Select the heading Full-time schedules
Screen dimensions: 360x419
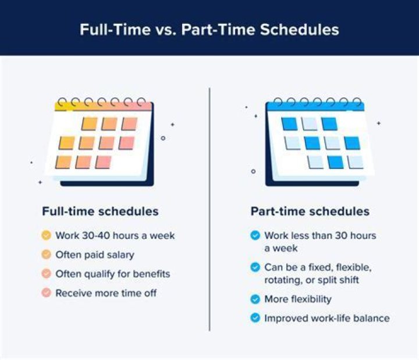(x=100, y=211)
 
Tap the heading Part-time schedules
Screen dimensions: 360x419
(x=310, y=211)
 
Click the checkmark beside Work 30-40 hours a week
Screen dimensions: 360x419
(x=46, y=236)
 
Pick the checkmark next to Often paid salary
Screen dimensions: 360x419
(x=46, y=255)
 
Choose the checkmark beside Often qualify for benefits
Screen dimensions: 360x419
(x=46, y=274)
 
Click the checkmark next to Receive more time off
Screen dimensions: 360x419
(x=46, y=293)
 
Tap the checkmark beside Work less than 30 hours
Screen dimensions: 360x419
(x=255, y=236)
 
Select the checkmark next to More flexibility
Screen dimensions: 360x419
(x=255, y=299)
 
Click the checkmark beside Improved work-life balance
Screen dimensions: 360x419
(x=255, y=318)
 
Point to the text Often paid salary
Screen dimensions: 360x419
(x=95, y=255)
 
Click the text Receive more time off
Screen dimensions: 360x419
(x=106, y=293)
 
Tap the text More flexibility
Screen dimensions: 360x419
(x=297, y=299)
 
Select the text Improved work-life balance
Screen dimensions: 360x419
(x=326, y=318)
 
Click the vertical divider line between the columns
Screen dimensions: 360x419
(x=210, y=210)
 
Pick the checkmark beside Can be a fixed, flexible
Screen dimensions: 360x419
(x=255, y=267)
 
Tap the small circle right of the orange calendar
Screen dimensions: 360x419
(x=163, y=138)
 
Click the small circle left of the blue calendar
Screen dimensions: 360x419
(x=253, y=171)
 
